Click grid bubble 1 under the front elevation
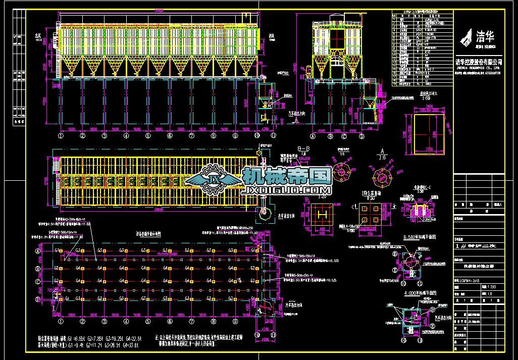(x=60, y=135)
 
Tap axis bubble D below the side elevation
(x=358, y=135)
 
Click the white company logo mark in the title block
(x=468, y=36)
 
